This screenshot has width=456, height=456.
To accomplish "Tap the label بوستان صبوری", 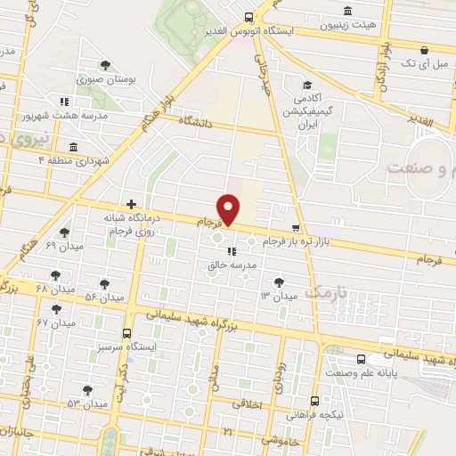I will (x=106, y=80).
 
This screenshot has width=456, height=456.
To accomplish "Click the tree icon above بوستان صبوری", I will (x=106, y=65).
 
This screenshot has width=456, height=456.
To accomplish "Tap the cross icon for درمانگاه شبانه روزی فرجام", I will (x=131, y=204).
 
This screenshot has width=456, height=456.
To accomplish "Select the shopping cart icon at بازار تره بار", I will (x=296, y=228).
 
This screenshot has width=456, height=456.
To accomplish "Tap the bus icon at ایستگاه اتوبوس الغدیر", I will (x=248, y=17).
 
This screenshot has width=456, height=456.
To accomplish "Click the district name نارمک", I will (x=322, y=292).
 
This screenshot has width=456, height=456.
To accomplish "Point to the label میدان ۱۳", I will (x=278, y=295).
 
